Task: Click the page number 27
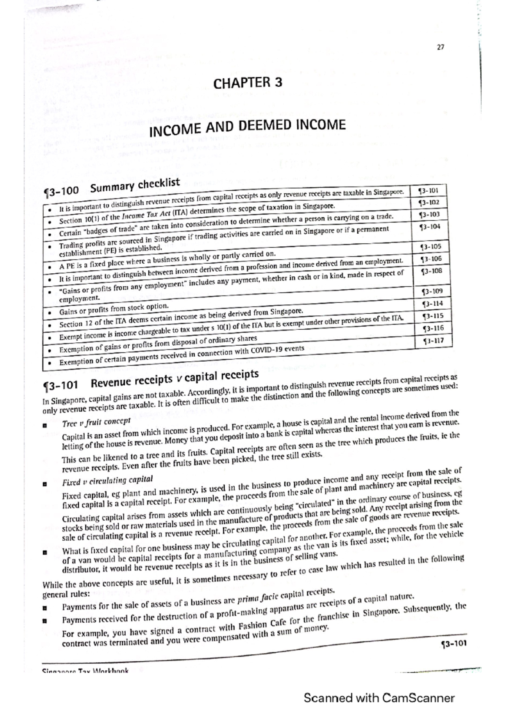[x=440, y=48]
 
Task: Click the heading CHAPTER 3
[x=248, y=83]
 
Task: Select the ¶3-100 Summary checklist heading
[x=112, y=187]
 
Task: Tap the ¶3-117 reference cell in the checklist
[x=433, y=340]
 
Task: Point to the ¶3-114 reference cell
[x=432, y=304]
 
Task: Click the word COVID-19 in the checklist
[x=267, y=350]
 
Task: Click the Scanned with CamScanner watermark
[x=379, y=698]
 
